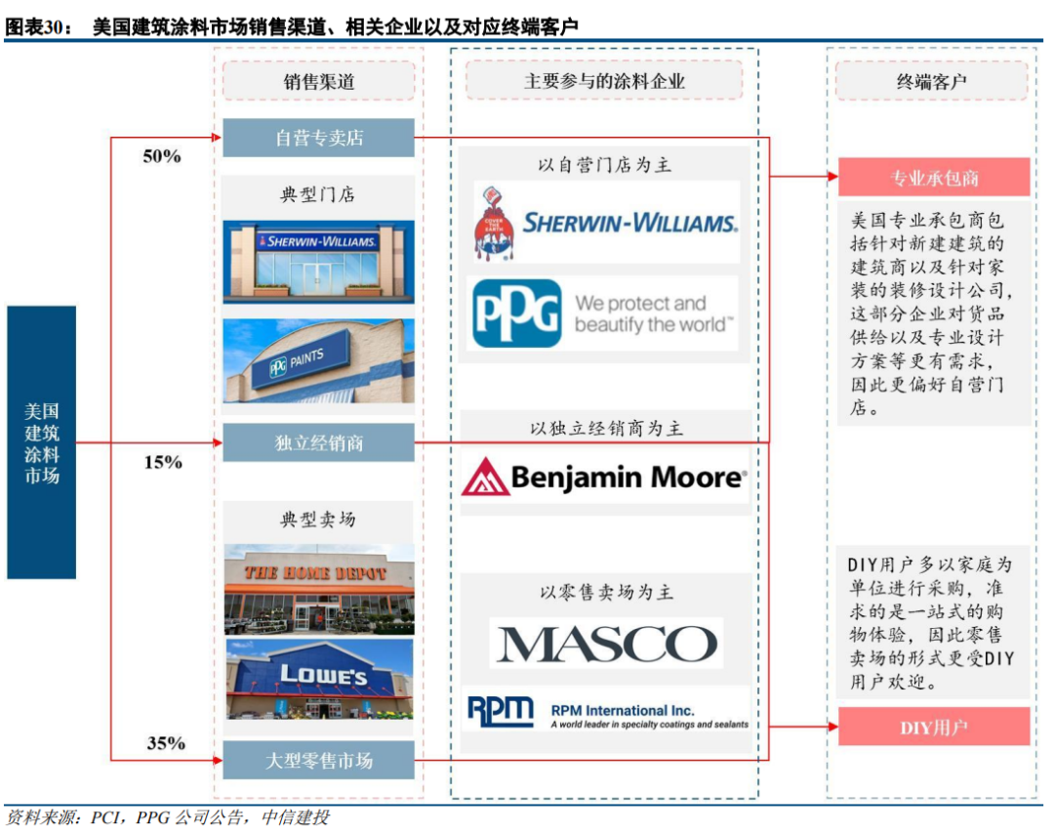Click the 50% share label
(162, 156)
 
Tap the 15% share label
(163, 462)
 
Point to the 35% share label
(166, 743)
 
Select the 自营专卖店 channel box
(318, 138)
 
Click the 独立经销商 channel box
(318, 442)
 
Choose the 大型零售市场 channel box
(318, 760)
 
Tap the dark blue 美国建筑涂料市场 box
(41, 442)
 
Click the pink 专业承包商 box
(933, 178)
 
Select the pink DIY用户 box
(933, 728)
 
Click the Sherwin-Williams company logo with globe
(605, 223)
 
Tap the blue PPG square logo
(516, 313)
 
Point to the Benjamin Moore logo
(603, 477)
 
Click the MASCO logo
(605, 644)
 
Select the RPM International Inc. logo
(606, 712)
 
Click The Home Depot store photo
(318, 589)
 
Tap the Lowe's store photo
(318, 679)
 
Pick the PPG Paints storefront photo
(318, 360)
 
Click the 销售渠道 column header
(318, 81)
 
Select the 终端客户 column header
(931, 81)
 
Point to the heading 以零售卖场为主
(605, 592)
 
